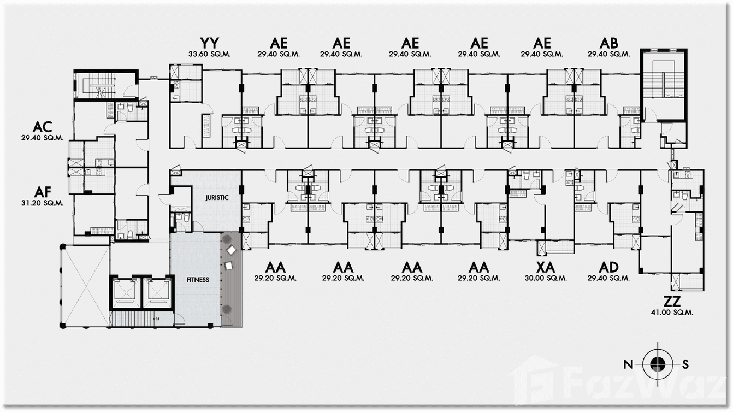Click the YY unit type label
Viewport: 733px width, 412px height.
[210, 43]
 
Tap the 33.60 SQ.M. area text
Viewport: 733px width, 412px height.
[210, 54]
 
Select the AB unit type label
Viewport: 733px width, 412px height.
[608, 43]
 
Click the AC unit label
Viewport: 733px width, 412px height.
[43, 127]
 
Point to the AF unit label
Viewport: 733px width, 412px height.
[43, 192]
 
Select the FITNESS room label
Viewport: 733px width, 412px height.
[197, 280]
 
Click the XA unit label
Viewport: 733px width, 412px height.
[546, 267]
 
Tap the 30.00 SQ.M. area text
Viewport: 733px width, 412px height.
[546, 278]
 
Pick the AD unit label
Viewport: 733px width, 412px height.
[608, 267]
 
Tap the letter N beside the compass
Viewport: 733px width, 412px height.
[629, 364]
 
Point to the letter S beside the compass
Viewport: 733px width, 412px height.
[685, 364]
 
